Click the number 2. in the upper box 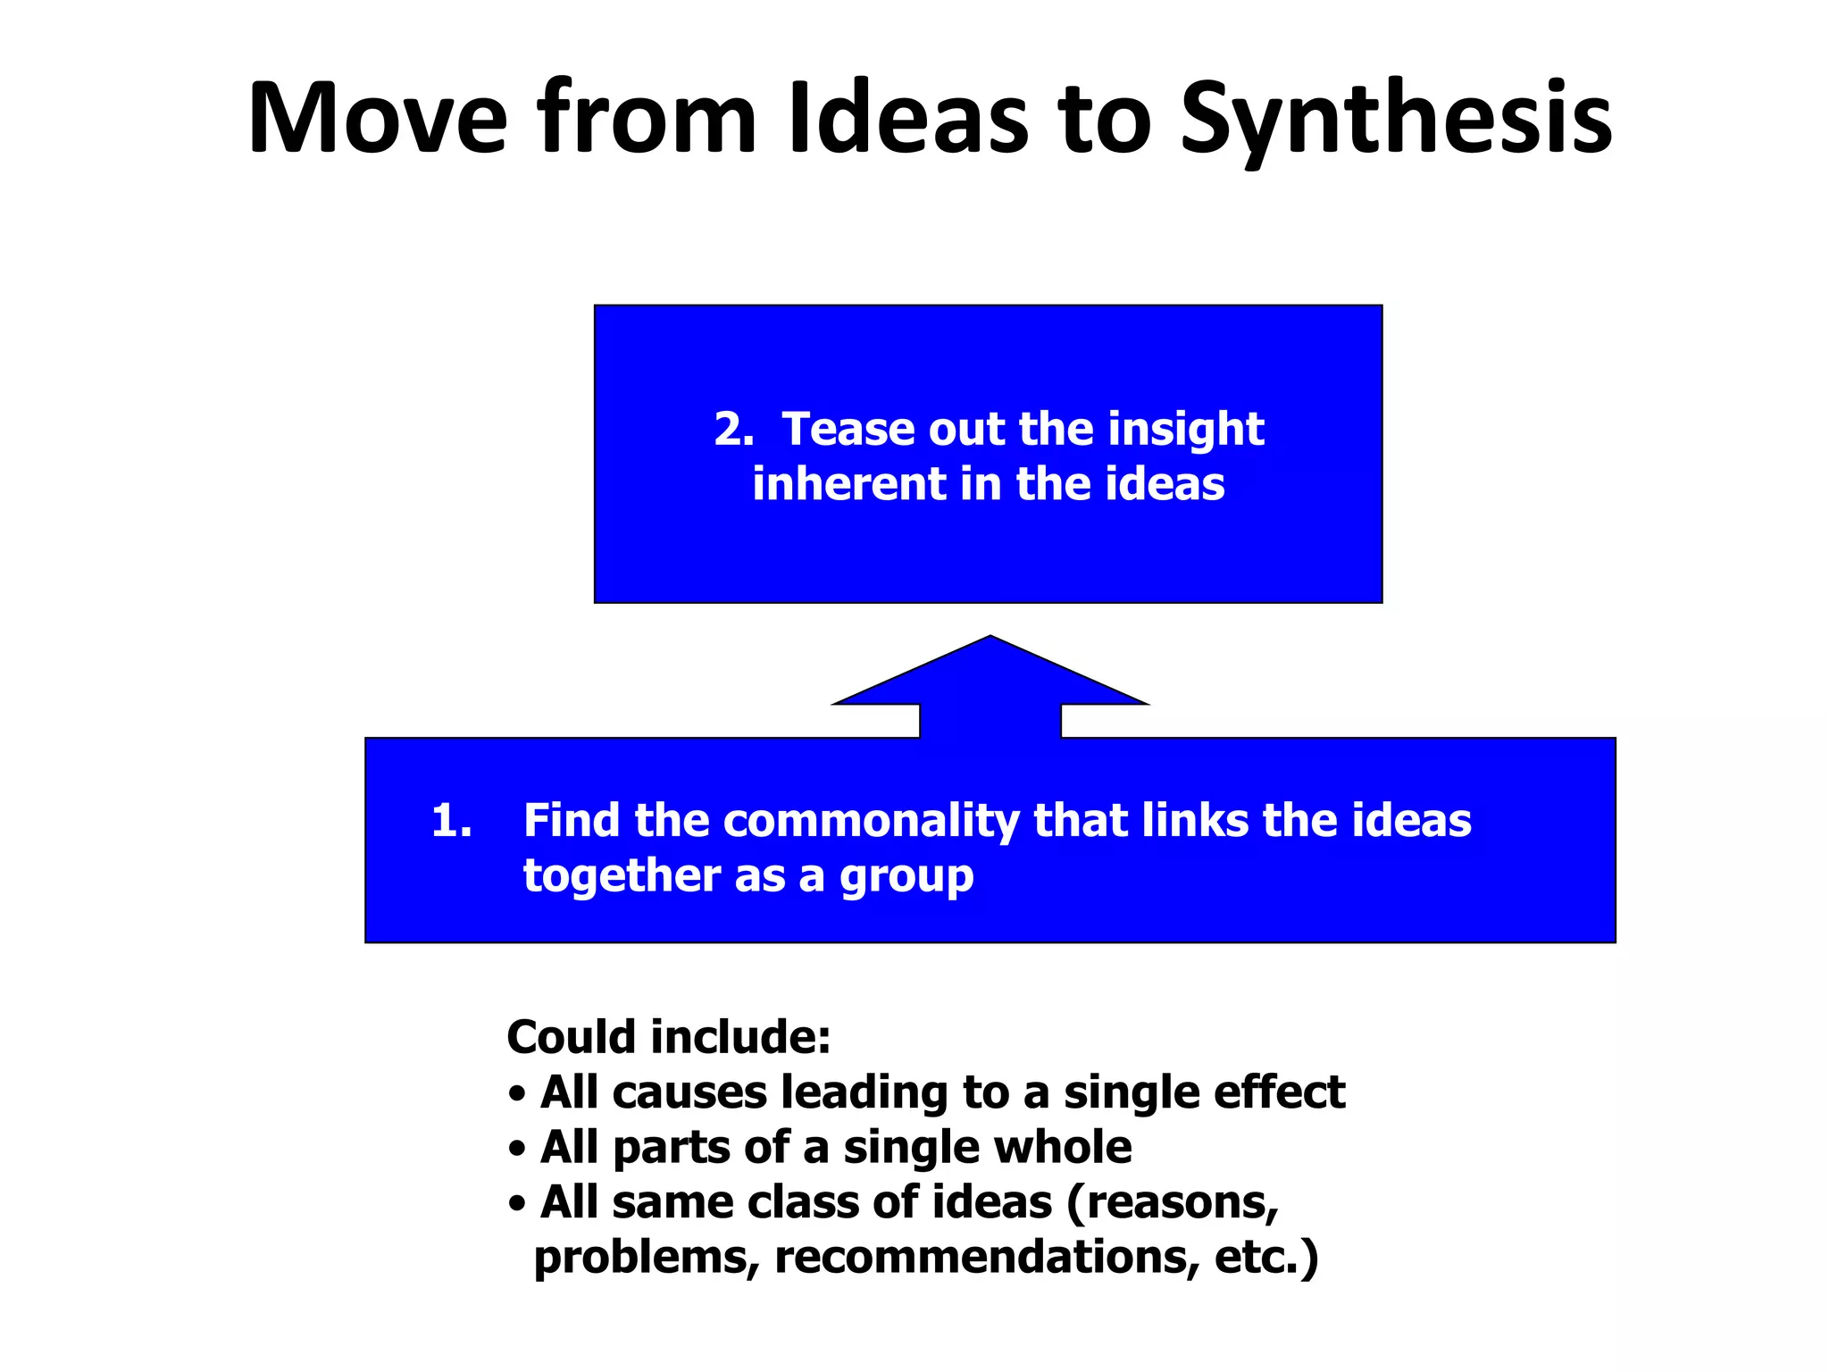pos(734,430)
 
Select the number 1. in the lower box pos(451,820)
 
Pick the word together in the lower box pos(622,875)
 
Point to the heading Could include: pos(669,1037)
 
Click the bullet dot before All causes pos(516,1094)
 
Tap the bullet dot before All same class pos(516,1204)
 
